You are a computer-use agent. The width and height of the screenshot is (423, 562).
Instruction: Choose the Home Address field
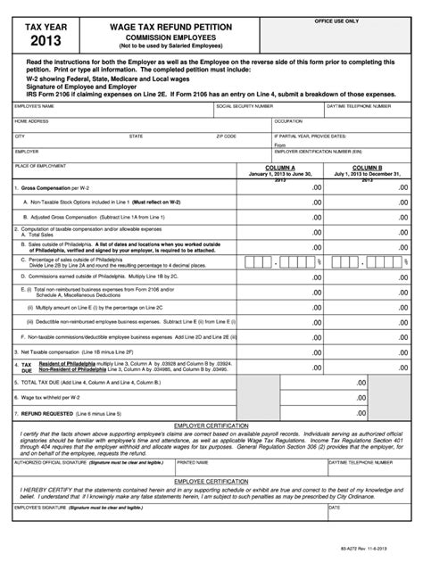(x=138, y=125)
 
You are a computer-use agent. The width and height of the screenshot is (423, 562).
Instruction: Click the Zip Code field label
(x=226, y=136)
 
